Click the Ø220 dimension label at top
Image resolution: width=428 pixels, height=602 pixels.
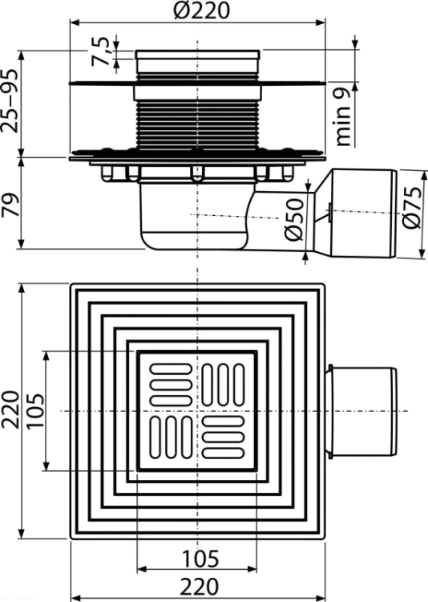tap(202, 10)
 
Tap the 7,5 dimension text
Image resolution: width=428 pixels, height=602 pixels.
tap(101, 51)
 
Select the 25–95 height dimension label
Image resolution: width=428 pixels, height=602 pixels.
tap(10, 101)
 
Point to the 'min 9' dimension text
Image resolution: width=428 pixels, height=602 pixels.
tap(343, 116)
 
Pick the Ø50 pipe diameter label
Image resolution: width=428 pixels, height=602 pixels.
tap(294, 220)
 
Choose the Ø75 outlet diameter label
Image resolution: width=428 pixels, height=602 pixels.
tap(412, 208)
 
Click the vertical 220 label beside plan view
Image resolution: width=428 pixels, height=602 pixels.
tap(10, 410)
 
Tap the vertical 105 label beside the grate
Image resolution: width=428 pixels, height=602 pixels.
tap(35, 411)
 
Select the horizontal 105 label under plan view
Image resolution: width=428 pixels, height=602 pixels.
tap(200, 559)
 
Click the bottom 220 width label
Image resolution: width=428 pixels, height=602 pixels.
tap(200, 587)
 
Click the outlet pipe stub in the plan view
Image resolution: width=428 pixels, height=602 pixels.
tap(361, 411)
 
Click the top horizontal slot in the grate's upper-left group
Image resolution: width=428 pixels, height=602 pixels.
tap(171, 369)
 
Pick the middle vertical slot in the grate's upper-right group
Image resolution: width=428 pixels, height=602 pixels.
tap(223, 384)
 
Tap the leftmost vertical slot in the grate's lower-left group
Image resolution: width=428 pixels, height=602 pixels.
tap(155, 437)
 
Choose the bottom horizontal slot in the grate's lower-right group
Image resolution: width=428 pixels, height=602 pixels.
tap(223, 453)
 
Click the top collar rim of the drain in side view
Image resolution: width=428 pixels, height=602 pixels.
tap(197, 55)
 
